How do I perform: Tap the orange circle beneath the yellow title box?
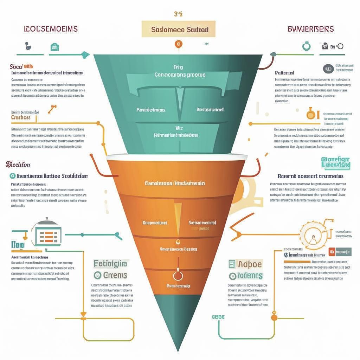click(x=178, y=44)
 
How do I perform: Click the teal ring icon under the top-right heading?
click(x=306, y=46)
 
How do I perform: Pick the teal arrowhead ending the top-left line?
click(x=84, y=54)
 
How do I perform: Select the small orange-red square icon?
click(x=331, y=251)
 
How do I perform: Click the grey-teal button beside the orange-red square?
click(x=343, y=251)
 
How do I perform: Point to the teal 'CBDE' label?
click(x=218, y=317)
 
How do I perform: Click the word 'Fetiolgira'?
click(x=111, y=264)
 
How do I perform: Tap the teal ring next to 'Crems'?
click(x=97, y=275)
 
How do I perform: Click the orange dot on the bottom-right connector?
click(x=274, y=317)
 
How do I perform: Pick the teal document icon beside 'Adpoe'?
click(x=231, y=264)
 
